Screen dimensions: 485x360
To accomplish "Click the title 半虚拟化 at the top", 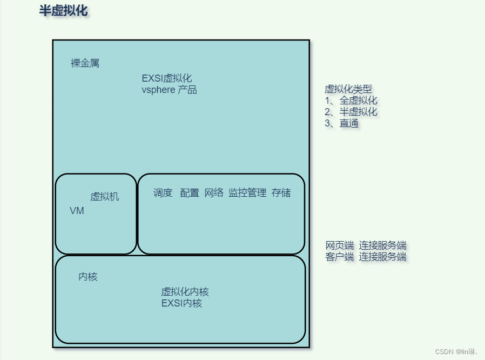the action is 63,11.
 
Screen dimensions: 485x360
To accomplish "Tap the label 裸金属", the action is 85,63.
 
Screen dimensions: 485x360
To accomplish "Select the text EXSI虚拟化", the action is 167,78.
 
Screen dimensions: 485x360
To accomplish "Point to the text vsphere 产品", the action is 169,90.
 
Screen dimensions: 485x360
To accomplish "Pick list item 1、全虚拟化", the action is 351,101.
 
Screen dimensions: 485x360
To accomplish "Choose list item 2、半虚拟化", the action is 351,112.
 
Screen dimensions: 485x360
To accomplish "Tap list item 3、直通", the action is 341,123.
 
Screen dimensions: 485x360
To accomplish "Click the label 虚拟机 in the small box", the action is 104,197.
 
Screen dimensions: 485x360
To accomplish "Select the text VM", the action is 77,211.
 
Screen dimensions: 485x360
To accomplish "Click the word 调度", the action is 163,193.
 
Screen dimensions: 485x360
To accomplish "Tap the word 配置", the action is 190,193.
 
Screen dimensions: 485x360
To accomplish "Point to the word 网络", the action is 214,193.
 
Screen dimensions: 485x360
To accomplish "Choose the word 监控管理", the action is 247,193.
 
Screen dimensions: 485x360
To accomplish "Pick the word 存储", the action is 281,193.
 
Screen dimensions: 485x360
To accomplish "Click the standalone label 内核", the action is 88,277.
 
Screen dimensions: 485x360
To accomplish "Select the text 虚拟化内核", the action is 185,292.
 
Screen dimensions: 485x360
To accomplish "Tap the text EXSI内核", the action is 181,303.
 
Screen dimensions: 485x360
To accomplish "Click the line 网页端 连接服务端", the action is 366,245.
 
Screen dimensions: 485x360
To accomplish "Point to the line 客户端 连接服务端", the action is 366,257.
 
